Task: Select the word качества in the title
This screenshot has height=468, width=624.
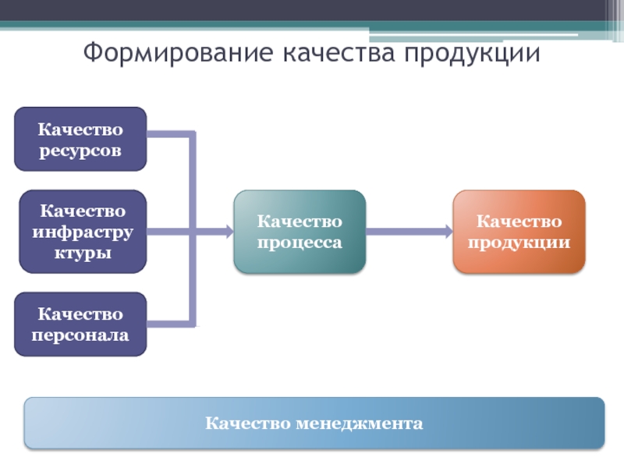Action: click(x=338, y=54)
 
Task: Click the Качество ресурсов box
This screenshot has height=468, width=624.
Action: click(x=80, y=139)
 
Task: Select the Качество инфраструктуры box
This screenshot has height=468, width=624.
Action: click(x=83, y=232)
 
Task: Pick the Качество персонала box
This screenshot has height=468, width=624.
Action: click(x=80, y=324)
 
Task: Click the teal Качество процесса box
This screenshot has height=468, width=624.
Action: click(x=300, y=232)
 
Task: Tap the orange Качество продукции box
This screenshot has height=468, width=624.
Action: click(x=519, y=232)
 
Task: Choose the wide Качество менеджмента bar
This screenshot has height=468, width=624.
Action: click(x=314, y=424)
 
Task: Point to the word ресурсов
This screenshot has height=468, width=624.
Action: click(x=80, y=150)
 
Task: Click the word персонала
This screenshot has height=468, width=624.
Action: click(x=80, y=335)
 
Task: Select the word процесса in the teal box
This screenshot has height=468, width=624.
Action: click(x=300, y=243)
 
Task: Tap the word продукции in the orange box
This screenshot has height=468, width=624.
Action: click(x=519, y=243)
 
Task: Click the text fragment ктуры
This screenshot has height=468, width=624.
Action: click(x=83, y=253)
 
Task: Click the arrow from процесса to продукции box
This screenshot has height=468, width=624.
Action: click(x=406, y=232)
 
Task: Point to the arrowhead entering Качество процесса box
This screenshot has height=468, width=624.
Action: click(x=228, y=232)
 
